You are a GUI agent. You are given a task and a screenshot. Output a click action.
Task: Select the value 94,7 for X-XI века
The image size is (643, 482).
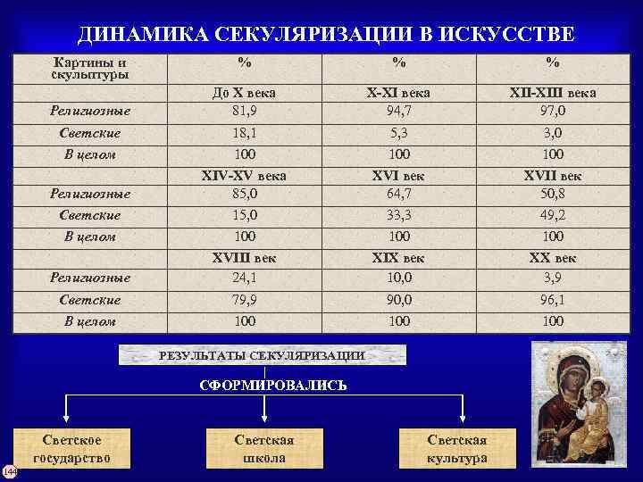[398, 111]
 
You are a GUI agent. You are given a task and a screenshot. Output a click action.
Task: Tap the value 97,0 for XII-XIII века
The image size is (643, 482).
[553, 111]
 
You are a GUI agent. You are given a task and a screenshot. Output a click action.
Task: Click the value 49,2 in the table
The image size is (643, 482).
[553, 215]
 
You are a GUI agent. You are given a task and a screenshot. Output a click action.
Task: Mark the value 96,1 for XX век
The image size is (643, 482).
[553, 300]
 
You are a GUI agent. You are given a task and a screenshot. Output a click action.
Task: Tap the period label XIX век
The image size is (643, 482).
[398, 258]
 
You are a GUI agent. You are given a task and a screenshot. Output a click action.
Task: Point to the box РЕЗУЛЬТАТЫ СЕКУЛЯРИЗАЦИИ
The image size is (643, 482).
[262, 355]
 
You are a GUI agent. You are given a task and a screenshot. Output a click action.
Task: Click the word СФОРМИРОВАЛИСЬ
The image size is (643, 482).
[271, 386]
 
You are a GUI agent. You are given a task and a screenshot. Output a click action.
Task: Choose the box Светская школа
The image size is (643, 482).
[264, 449]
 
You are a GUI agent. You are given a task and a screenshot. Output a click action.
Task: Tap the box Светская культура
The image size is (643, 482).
[457, 449]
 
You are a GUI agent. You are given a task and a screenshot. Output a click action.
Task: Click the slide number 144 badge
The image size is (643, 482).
[8, 470]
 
